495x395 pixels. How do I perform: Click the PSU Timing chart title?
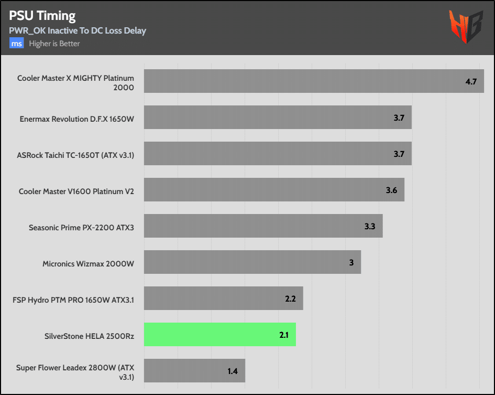click(42, 16)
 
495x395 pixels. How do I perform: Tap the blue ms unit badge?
click(17, 44)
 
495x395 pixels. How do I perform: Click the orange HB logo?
click(465, 28)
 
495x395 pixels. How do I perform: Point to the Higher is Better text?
click(54, 44)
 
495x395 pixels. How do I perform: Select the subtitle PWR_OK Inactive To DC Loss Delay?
click(78, 30)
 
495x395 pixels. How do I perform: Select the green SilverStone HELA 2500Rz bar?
click(219, 335)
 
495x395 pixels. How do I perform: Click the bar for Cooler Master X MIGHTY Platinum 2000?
click(313, 81)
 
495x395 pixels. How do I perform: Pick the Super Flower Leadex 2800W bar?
click(194, 371)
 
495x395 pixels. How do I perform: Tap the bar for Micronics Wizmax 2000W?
click(252, 262)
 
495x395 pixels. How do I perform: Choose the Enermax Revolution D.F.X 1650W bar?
click(277, 118)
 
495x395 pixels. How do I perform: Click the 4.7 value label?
click(471, 82)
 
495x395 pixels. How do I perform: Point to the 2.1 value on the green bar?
click(284, 335)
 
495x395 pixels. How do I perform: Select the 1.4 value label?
click(233, 371)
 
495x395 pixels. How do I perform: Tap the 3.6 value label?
click(391, 190)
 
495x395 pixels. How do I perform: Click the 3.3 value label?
click(370, 227)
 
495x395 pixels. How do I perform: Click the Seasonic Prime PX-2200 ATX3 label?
click(81, 228)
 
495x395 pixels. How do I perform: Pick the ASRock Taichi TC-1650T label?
click(76, 155)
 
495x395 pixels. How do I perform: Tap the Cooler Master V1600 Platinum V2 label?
click(76, 191)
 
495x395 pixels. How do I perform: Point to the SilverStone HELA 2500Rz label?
click(90, 336)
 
